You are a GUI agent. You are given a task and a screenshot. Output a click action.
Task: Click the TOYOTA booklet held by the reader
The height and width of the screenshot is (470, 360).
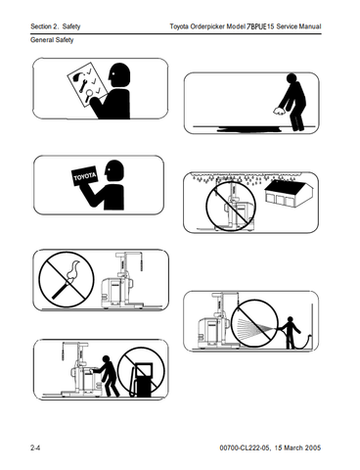(84, 177)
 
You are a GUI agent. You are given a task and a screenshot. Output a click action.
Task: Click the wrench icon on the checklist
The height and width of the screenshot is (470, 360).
(83, 84)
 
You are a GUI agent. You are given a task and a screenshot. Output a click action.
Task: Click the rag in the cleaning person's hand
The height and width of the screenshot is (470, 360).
(279, 111)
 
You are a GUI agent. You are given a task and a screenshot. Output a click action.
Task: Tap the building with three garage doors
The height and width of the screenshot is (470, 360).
(289, 193)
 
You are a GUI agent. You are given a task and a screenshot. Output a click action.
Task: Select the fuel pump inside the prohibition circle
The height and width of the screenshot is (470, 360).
(142, 379)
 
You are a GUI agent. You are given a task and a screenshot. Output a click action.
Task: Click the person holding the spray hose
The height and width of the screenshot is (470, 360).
(291, 333)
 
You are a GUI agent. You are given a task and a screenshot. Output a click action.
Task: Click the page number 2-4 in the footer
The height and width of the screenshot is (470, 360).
(35, 447)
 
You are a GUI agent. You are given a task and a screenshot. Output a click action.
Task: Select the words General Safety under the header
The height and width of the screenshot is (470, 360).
(52, 40)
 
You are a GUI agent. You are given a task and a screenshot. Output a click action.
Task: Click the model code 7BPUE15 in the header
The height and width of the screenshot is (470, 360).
(260, 26)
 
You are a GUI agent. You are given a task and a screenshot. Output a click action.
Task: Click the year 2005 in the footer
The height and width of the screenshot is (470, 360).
(313, 447)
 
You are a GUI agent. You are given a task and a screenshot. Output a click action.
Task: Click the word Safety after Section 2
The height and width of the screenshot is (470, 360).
(71, 26)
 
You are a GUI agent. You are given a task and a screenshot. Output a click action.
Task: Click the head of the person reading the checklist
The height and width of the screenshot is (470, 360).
(119, 75)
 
